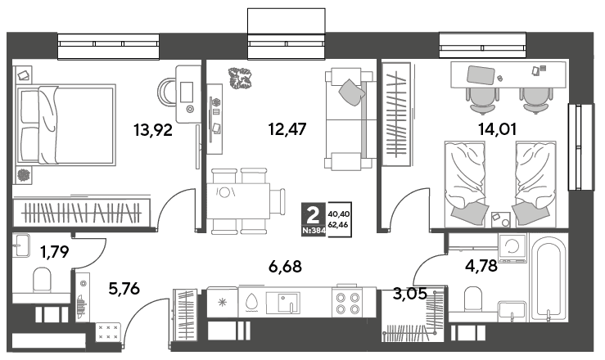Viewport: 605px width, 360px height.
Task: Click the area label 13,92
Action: point(153,130)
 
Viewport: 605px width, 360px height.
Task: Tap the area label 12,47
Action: point(287,129)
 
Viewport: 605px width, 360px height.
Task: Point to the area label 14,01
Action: point(498,129)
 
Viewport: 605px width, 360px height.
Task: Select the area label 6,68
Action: point(285,266)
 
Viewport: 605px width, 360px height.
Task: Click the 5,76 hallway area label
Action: point(124,288)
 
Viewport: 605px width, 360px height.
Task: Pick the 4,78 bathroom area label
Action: point(481,266)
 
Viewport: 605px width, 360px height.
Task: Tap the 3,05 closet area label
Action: point(410,294)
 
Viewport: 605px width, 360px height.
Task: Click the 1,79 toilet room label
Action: point(55,252)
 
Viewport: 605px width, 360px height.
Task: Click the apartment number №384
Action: point(314,232)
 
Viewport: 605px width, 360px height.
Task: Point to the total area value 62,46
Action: point(338,224)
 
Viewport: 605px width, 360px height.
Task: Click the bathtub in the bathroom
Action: point(548,279)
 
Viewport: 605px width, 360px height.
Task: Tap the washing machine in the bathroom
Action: point(512,248)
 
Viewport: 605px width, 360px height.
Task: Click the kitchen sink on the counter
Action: point(282,302)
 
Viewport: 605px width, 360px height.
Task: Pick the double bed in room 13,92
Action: point(66,125)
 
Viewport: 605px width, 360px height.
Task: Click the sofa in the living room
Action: point(350,119)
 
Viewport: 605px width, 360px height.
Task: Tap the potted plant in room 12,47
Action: point(241,79)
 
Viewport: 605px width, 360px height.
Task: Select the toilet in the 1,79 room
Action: point(42,279)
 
